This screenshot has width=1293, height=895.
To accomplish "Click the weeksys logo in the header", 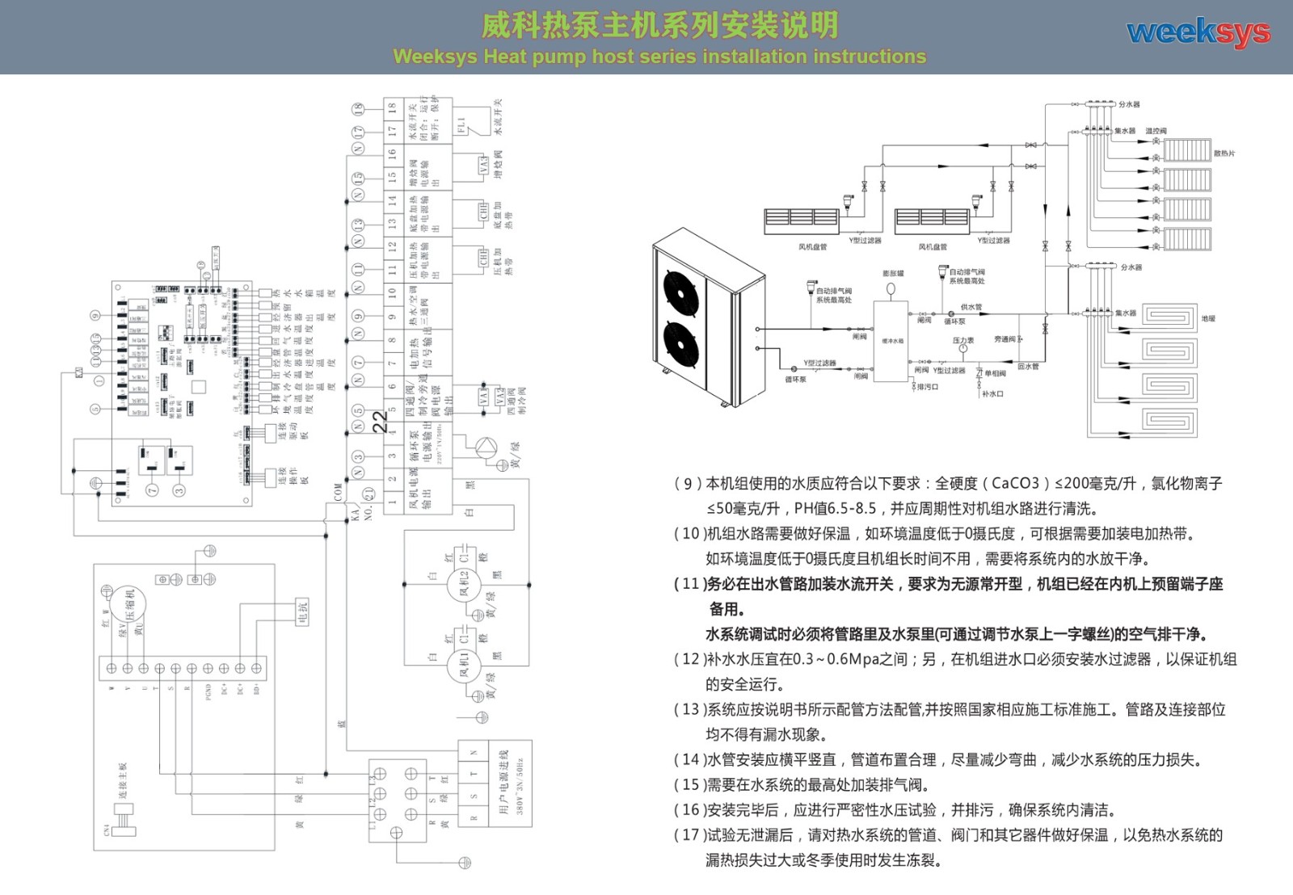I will pyautogui.click(x=1198, y=33).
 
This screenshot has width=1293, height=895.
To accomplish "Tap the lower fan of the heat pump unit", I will pyautogui.click(x=680, y=342).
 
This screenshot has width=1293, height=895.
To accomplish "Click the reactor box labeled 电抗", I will pyautogui.click(x=302, y=612).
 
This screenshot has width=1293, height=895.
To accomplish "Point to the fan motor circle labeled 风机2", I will pyautogui.click(x=465, y=584).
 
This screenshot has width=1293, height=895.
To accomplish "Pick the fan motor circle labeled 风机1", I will pyautogui.click(x=465, y=666).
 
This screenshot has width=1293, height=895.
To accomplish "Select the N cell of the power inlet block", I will pyautogui.click(x=474, y=752).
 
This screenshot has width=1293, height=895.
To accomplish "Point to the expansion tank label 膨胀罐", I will pyautogui.click(x=893, y=274).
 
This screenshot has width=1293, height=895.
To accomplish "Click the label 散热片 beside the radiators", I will pyautogui.click(x=1224, y=153).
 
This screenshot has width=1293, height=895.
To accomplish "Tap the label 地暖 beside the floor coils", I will pyautogui.click(x=1208, y=319).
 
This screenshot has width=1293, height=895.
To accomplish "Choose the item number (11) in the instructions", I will pyautogui.click(x=687, y=584).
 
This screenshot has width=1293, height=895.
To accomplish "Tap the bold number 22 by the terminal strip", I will pyautogui.click(x=380, y=422).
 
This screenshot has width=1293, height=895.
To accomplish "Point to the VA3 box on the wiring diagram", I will pyautogui.click(x=483, y=166).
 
